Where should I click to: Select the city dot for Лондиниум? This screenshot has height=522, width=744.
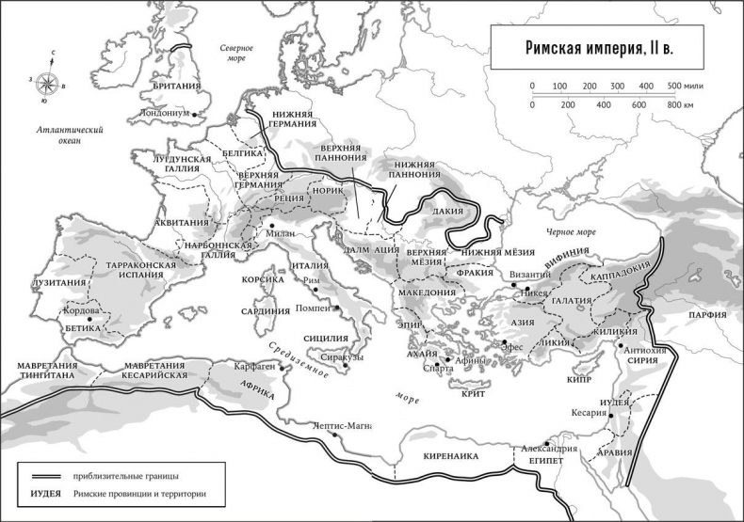[x=194, y=114]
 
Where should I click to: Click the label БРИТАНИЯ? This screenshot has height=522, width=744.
[x=175, y=87]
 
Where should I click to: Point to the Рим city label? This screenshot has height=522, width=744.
[x=322, y=280]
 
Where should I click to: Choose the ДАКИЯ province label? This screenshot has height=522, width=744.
[x=447, y=212]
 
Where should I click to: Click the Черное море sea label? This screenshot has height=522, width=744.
[x=572, y=231]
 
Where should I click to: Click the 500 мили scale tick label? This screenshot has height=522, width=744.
[x=683, y=87]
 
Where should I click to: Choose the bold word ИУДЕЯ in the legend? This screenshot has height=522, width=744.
[x=45, y=494]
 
